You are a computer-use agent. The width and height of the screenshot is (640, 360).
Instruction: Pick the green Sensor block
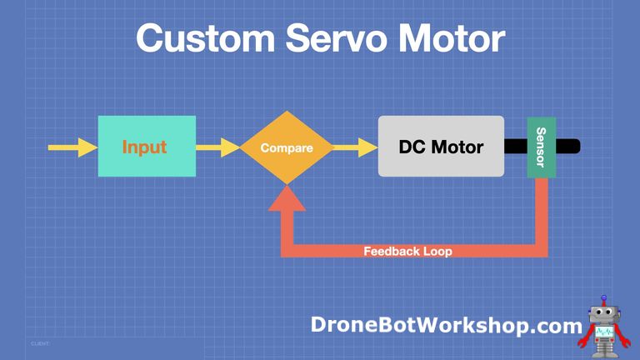(x=542, y=147)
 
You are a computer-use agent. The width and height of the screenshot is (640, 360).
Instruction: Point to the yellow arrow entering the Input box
(x=72, y=147)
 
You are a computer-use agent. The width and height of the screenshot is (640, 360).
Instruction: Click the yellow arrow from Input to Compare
(x=218, y=147)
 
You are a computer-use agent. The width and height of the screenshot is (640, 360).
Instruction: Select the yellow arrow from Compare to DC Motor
(x=356, y=147)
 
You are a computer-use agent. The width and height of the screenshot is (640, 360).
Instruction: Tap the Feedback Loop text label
(x=407, y=251)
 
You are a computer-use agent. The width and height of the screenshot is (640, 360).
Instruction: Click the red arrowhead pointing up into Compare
(x=287, y=197)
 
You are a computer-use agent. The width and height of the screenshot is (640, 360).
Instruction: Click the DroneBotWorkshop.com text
(x=446, y=325)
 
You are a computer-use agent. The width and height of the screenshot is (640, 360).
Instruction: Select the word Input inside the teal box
(x=144, y=147)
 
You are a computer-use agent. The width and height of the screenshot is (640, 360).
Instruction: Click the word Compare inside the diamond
(x=287, y=148)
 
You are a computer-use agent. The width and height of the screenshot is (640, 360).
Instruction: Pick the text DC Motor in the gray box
(x=441, y=147)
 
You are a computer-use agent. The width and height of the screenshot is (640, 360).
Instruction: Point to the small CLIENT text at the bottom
(x=41, y=342)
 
